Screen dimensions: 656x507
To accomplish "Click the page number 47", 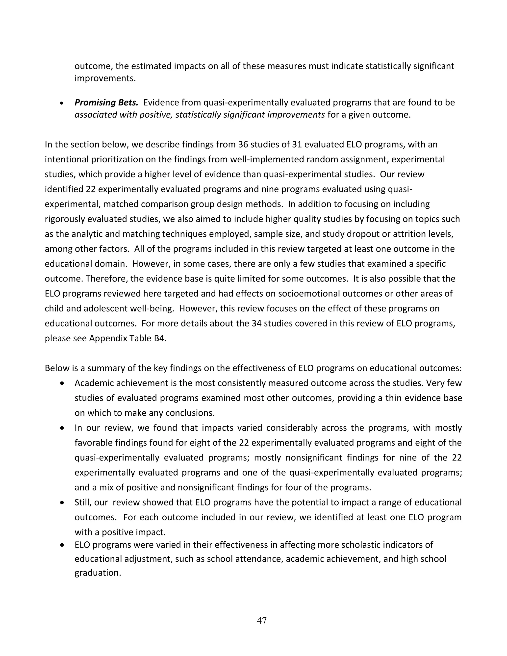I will pos(262,620).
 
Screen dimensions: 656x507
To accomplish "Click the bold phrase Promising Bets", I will pos(106,103).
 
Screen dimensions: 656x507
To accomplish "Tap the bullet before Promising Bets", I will pos(62,103).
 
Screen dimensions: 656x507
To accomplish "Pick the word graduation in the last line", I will pos(98,573).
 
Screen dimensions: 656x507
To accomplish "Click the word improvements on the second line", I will pos(105,79).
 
